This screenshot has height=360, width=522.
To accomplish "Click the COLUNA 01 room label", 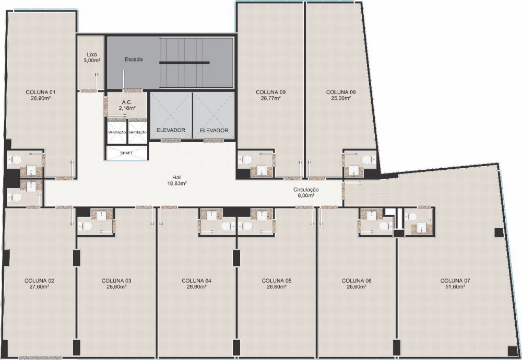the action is click(41, 92).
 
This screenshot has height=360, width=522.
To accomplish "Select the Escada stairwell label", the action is click(134, 60).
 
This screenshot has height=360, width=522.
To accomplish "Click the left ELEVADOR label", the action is click(171, 130).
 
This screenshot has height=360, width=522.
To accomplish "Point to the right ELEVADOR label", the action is click(214, 130).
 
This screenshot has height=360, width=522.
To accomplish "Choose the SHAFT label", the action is click(126, 153).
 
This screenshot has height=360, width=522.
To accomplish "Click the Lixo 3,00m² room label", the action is click(91, 57).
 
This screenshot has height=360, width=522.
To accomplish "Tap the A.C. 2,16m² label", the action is click(127, 106).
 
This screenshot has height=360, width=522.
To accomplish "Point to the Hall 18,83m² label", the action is click(177, 180).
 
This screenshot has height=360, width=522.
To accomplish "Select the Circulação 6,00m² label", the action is click(306, 192).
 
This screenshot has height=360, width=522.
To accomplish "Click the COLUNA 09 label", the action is click(270, 92).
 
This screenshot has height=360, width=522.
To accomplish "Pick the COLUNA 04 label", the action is click(196, 281).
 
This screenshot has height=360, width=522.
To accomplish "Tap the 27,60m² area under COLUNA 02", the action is click(39, 286).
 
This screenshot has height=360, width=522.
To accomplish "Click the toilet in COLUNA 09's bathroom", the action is click(245, 159).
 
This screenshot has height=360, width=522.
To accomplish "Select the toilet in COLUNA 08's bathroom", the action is click(368, 159).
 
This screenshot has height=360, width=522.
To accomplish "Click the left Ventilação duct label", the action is click(117, 132).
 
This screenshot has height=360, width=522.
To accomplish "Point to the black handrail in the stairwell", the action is click(184, 62).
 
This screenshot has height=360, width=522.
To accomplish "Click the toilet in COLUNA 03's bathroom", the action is click(86, 227).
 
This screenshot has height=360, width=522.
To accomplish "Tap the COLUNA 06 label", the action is click(357, 281).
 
